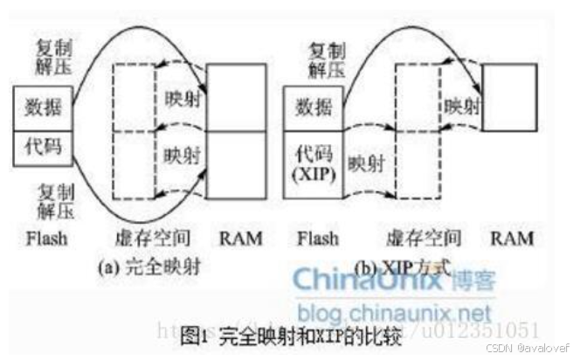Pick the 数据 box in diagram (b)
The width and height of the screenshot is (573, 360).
coord(313,107)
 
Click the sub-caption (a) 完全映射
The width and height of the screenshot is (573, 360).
coord(151,266)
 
